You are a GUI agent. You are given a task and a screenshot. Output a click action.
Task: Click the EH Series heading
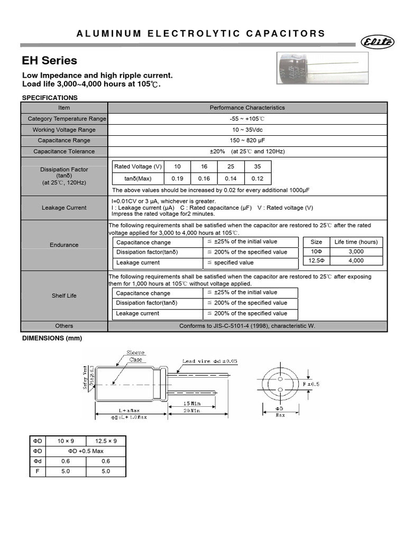pos(49,61)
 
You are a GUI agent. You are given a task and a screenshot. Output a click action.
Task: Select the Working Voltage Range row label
pos(64,129)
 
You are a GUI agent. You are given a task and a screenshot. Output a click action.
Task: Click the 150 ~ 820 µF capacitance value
pos(247,141)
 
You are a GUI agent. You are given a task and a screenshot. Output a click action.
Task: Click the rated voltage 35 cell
pos(257,166)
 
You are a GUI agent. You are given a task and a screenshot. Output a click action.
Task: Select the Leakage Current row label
pos(64,208)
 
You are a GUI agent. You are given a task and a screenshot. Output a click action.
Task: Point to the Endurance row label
pos(64,245)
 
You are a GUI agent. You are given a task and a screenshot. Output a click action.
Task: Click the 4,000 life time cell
pos(356,260)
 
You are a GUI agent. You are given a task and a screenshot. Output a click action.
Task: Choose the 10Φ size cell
pos(316,251)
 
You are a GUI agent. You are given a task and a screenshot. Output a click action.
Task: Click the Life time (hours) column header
pos(356,242)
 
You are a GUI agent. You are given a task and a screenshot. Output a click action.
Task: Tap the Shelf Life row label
pos(64,296)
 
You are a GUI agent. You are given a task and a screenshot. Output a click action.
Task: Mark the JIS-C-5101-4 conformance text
pos(247,326)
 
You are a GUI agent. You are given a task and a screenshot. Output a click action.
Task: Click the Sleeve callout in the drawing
pos(135,352)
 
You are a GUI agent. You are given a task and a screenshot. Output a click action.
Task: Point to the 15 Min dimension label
pos(192,403)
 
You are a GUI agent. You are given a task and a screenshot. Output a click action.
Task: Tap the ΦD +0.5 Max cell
pos(86,451)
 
